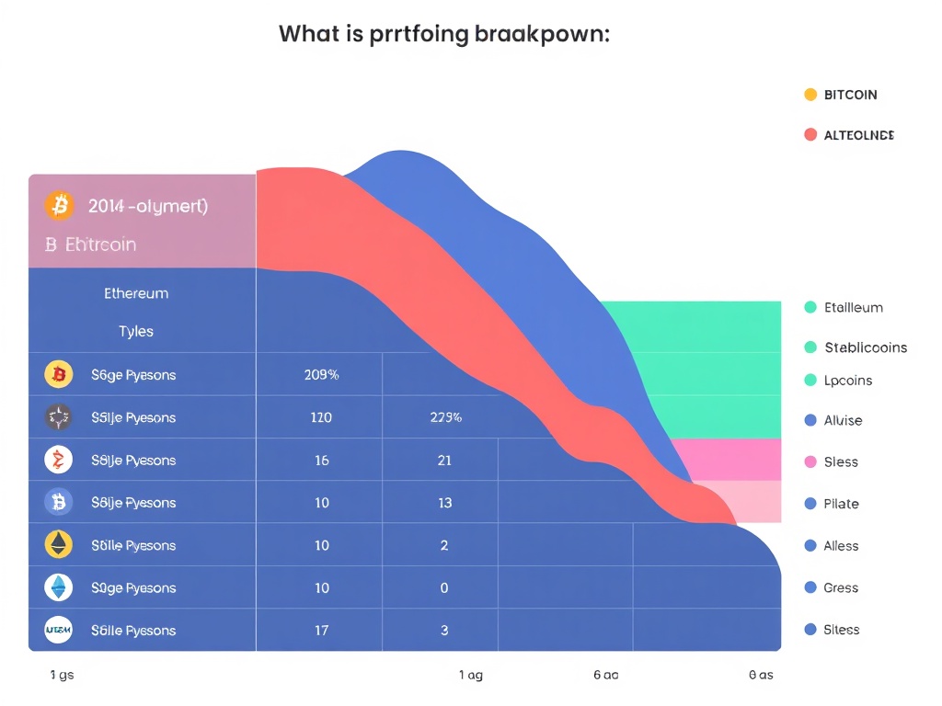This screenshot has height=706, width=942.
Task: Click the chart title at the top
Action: click(x=444, y=35)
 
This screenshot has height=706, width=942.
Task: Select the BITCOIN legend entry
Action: click(x=850, y=95)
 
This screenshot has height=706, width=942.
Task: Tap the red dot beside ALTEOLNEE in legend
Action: click(x=810, y=135)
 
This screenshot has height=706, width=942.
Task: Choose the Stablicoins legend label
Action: click(x=866, y=347)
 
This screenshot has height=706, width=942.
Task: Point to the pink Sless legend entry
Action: click(x=841, y=461)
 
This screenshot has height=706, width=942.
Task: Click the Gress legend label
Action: click(x=841, y=587)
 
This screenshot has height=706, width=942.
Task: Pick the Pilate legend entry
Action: click(x=841, y=504)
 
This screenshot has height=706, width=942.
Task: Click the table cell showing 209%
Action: click(x=321, y=375)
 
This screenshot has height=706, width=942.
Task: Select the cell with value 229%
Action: click(x=445, y=417)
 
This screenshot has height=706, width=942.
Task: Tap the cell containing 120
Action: click(x=321, y=417)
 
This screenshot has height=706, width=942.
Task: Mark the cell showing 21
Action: click(x=444, y=460)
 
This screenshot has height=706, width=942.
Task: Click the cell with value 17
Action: click(x=321, y=631)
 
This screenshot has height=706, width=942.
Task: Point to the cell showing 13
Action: click(x=444, y=503)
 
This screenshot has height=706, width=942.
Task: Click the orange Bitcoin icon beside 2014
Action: click(x=60, y=206)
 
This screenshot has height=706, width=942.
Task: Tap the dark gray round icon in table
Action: click(x=58, y=417)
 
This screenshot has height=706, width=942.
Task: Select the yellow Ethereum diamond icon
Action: click(x=58, y=545)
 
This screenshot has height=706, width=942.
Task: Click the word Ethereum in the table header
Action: click(x=136, y=294)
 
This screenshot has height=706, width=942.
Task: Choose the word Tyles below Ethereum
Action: click(x=136, y=331)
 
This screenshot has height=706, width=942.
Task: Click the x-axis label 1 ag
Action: click(x=471, y=675)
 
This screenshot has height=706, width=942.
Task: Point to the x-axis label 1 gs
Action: click(x=62, y=675)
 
